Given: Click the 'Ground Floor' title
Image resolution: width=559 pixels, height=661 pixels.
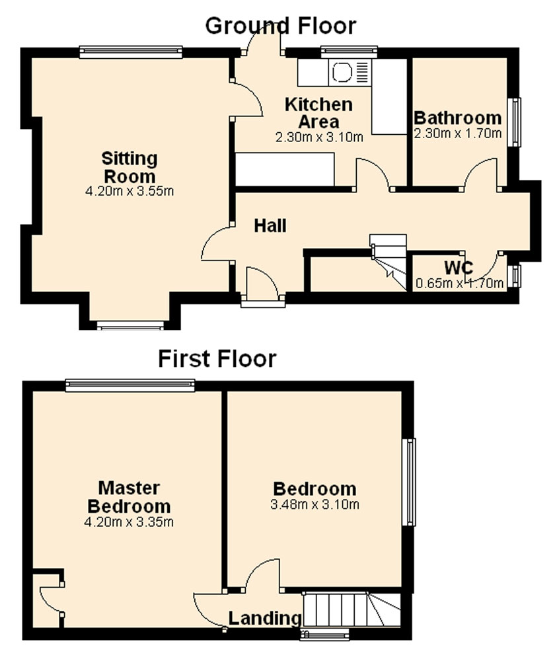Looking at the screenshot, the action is pos(281,25).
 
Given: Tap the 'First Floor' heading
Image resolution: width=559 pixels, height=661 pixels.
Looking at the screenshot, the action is pos(217,359).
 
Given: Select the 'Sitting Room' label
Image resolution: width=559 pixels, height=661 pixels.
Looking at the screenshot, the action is pos(130,167).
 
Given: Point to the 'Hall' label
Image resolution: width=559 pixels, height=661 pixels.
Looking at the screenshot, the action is pos(270,226).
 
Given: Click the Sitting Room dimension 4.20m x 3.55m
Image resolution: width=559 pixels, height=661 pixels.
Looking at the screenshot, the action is pos(130,191).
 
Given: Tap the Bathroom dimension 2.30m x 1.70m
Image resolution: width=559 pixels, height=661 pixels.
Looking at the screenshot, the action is pos(458,134).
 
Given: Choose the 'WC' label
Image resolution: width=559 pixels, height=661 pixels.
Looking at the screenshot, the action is pos(459,268).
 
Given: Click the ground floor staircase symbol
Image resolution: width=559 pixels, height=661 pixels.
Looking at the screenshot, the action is pos(388,261).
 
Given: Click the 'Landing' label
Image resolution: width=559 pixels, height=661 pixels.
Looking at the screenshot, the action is pos(265,619).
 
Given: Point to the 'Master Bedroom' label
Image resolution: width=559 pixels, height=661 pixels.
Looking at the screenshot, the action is pos(129,497).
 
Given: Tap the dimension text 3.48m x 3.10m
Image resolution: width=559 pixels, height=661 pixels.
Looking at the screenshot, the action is pos(315,504).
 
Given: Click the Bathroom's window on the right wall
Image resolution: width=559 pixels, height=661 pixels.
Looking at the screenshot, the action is pos(514,122).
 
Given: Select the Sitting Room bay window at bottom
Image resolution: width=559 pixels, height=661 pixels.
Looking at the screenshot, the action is pos(130,325).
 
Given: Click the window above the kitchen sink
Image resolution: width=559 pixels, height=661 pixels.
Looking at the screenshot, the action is pos(349,52).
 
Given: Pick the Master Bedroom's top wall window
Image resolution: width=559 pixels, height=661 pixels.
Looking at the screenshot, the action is pos(130,385).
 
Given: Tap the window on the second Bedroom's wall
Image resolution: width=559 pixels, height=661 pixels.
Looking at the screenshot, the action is pos(408,482).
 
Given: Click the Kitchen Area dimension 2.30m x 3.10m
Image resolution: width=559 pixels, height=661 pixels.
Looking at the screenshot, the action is pos(319,137).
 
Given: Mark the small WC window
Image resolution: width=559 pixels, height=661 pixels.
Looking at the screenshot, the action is pos(514,276).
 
